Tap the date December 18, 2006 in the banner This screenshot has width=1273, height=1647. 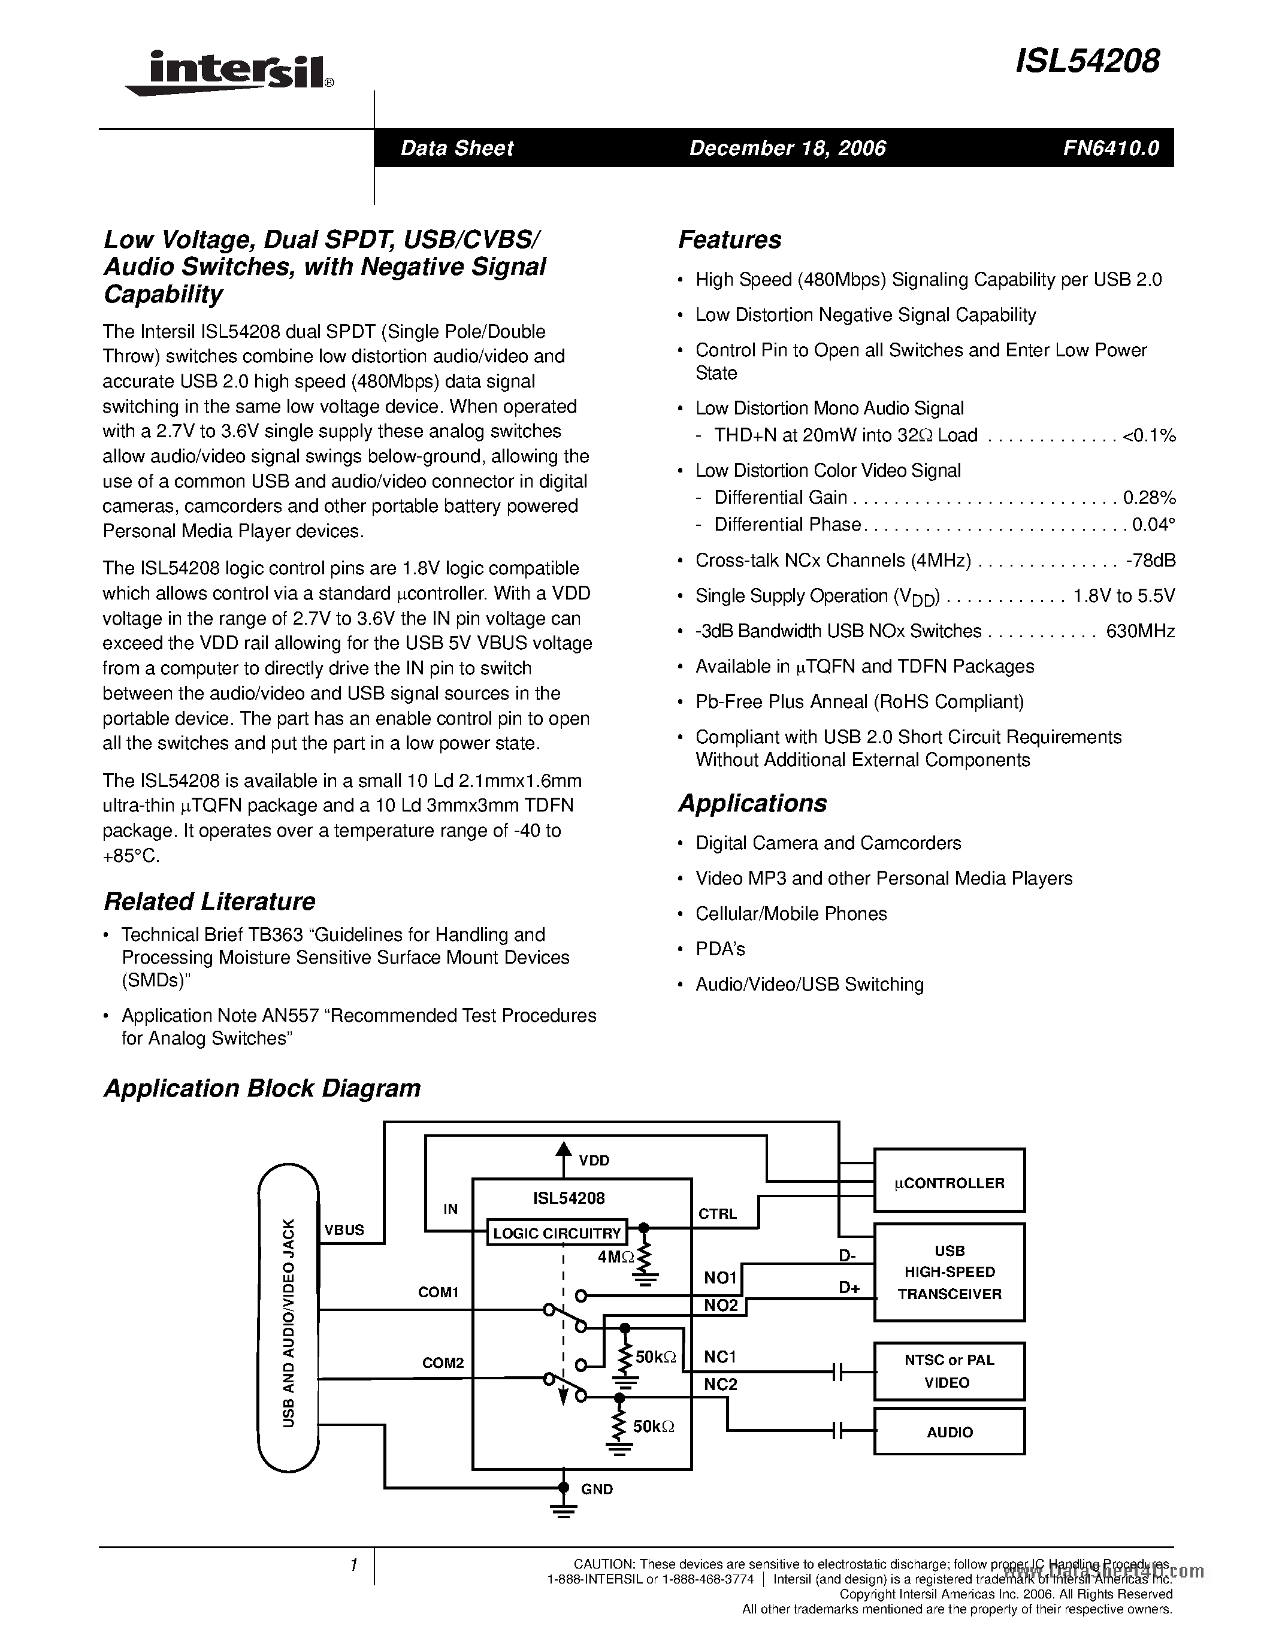pos(787,149)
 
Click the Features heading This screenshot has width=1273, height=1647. pos(729,240)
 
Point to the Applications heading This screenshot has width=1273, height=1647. pos(752,803)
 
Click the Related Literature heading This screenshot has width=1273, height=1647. pos(209,901)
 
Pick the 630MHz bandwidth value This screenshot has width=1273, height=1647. pos(1140,631)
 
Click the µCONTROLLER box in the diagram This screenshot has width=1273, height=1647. pos(949,1183)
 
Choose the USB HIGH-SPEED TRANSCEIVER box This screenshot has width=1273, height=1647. pos(949,1272)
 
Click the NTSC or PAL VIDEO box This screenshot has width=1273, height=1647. pos(949,1371)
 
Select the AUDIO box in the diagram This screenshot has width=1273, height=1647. pos(949,1432)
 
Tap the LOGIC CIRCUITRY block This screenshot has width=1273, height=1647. pos(557,1234)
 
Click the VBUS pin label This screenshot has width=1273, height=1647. pos(344,1230)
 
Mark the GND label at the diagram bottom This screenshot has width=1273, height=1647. pos(597,1489)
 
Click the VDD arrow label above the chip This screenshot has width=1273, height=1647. pos(594,1161)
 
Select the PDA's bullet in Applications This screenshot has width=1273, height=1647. pos(719,949)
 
